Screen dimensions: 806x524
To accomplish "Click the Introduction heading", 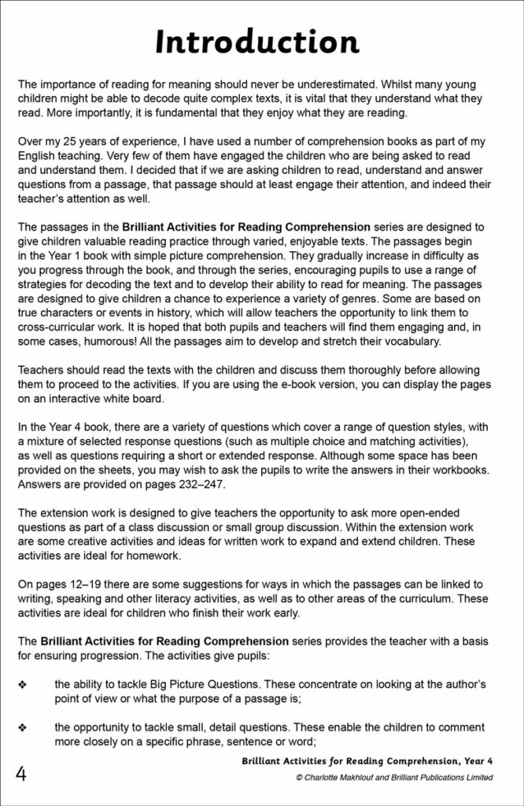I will click(257, 42).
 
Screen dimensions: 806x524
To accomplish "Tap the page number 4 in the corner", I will click(21, 774).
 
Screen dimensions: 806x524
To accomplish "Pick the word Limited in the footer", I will click(474, 778).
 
